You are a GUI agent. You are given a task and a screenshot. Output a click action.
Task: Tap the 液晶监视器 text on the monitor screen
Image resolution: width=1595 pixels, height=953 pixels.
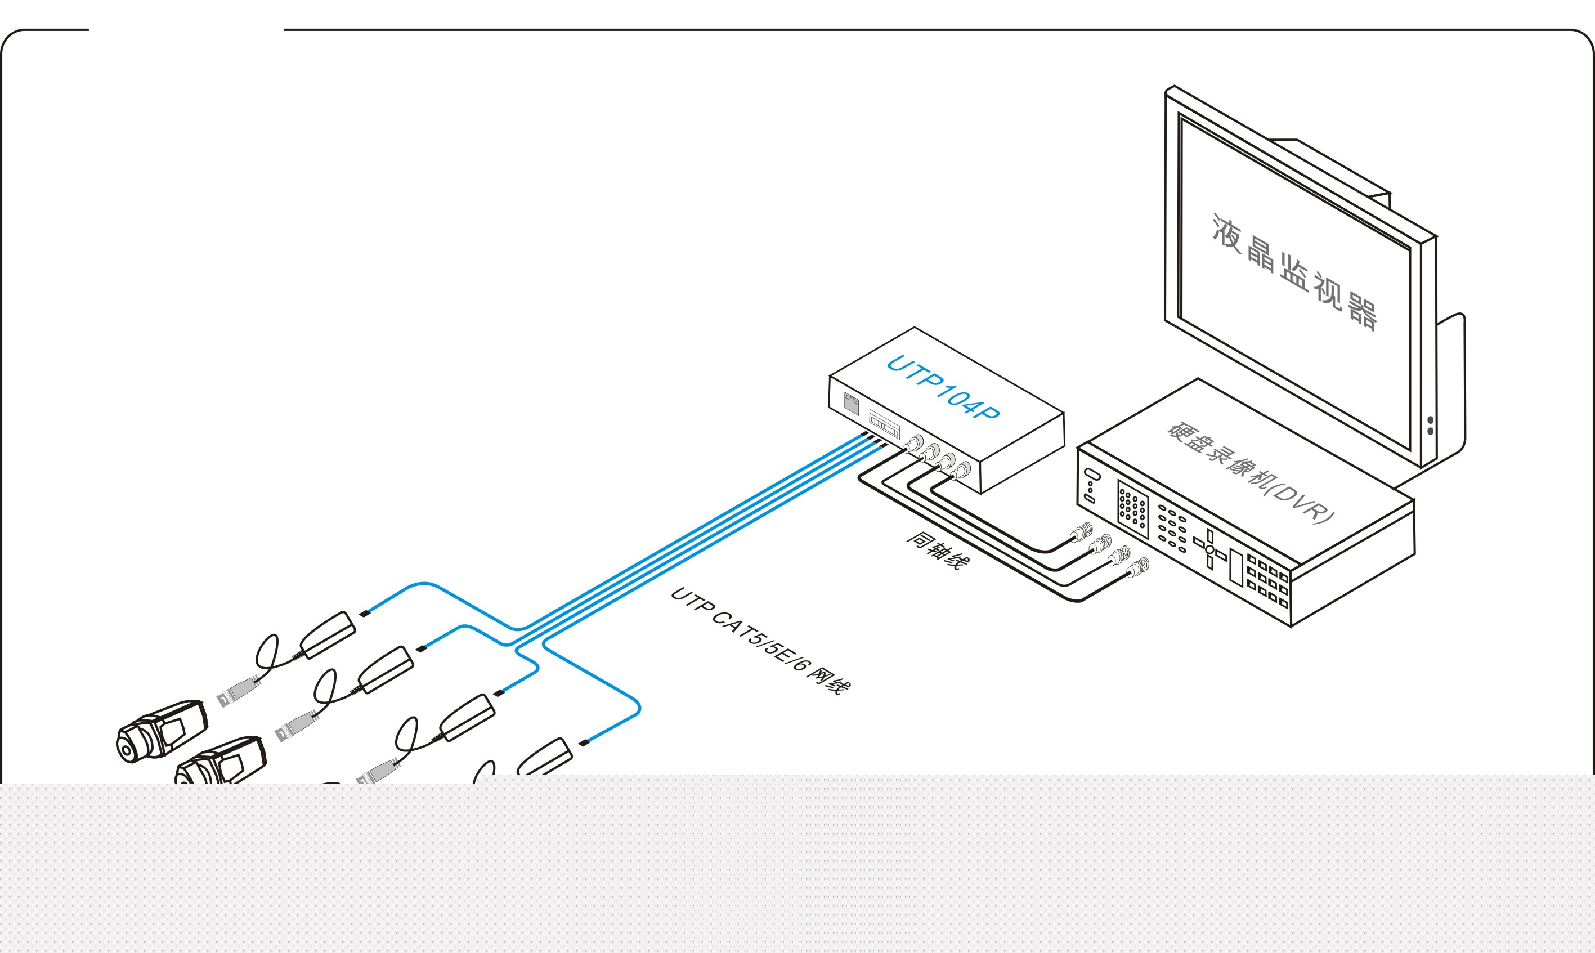point(1294,272)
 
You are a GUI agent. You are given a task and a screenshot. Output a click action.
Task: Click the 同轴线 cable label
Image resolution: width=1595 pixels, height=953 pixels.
point(938,551)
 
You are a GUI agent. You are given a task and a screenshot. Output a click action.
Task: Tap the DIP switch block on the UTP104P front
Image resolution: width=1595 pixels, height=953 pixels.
point(884,424)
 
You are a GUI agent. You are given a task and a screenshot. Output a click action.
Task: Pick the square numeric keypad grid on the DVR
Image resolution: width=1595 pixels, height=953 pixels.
point(1133,509)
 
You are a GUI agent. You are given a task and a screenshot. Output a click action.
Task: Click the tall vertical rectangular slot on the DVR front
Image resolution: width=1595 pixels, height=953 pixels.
point(1236,566)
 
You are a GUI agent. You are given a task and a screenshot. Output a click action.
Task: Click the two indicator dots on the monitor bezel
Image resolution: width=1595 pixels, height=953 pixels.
point(1430,425)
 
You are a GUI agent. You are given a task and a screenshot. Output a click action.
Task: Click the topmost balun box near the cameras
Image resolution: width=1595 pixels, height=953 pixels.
point(329,634)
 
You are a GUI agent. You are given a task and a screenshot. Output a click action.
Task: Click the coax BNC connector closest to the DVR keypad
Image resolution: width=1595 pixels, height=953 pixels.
point(1081,533)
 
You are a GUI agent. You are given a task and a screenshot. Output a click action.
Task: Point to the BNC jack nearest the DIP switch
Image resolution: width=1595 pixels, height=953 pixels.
point(915,444)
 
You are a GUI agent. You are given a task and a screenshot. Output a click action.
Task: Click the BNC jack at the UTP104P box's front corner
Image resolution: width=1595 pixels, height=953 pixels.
point(962,471)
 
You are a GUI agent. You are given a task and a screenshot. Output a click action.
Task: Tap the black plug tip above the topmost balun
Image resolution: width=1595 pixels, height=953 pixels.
point(364,613)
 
